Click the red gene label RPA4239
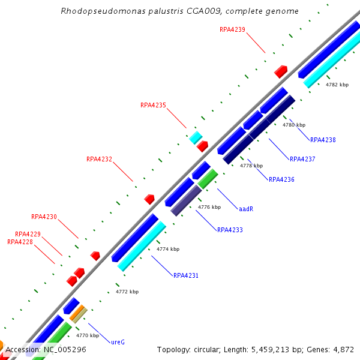pos(232,29)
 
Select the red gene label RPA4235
pos(153,105)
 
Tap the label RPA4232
pos(99,160)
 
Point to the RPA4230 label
pos(44,217)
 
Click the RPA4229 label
pos(28,234)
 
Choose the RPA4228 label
pos(20,242)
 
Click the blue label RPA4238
pos(323,140)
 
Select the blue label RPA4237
pos(302,159)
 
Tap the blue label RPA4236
pos(281,179)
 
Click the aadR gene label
pos(246,209)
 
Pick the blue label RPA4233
pos(230,230)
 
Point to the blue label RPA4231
pos(186,276)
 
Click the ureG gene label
pos(118,342)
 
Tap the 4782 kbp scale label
pos(337,85)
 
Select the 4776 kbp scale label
pos(209,207)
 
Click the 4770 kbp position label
pos(87,335)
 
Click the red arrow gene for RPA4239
pos(281,71)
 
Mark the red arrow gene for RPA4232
pos(149,199)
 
